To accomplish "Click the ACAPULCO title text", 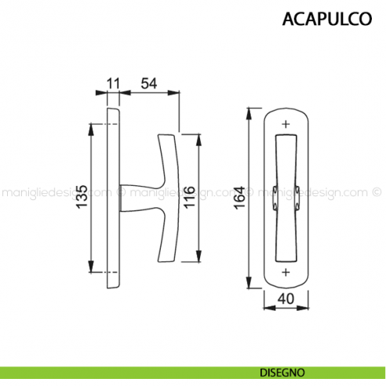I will (327, 19).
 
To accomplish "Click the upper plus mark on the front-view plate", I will (285, 124).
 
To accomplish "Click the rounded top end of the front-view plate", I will (285, 107).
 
